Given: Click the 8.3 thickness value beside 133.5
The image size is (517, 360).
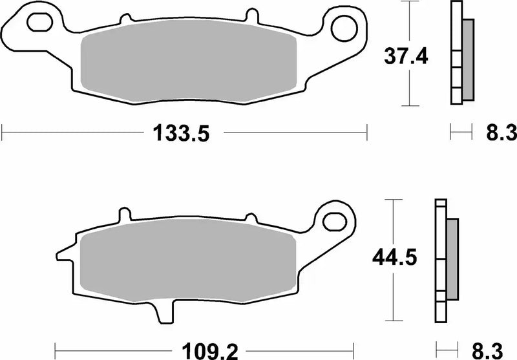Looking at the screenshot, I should (500, 134).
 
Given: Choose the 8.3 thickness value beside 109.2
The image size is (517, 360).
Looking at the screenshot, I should (486, 352).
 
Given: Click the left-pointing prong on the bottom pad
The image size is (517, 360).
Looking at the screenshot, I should (63, 253).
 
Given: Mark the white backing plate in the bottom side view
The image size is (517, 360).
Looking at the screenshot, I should (441, 259).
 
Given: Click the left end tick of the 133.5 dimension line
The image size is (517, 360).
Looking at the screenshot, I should (3, 134).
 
